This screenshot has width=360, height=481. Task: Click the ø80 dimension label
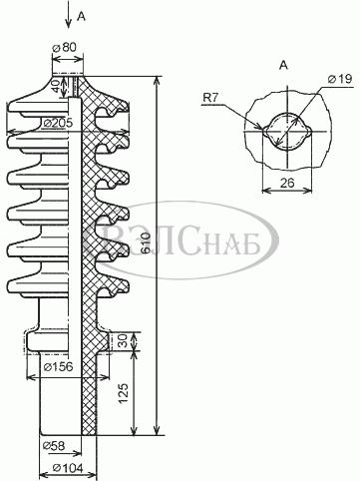point(64,47)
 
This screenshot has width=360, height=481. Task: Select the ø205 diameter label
point(58,123)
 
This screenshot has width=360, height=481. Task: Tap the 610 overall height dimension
point(147,243)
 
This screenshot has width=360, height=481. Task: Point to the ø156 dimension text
point(58,366)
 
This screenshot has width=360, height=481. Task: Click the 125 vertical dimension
point(124,394)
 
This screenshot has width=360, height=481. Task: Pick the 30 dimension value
point(124,341)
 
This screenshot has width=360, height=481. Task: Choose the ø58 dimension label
point(54,445)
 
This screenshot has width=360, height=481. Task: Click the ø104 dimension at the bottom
point(68,468)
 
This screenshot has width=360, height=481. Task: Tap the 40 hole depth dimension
point(57,87)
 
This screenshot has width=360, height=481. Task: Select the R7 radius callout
point(211,98)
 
